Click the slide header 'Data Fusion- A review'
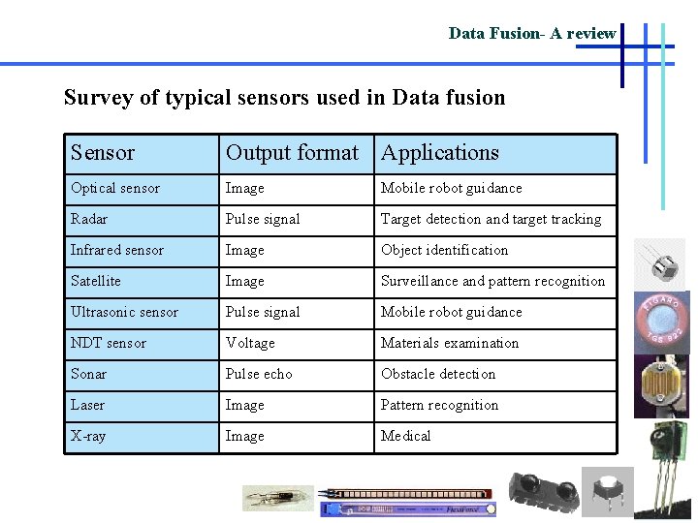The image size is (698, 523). coord(531,34)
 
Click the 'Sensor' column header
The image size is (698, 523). coord(103,153)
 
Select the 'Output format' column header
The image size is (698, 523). coord(292,153)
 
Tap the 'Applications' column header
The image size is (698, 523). coord(439,153)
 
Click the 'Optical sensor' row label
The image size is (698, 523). coord(115,188)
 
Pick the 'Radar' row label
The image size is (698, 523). coord(89,219)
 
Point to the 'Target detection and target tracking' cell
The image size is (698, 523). coord(491,219)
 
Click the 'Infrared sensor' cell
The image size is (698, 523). coord(117,250)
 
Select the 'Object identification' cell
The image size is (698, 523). coord(444,250)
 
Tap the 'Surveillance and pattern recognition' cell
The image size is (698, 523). coord(492,281)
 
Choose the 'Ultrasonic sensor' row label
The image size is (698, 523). coord(124,312)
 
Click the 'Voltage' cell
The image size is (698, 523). coord(250,343)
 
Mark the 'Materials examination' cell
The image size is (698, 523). coord(450,343)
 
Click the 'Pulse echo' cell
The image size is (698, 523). coord(259,374)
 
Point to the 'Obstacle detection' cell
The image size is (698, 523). coord(438,374)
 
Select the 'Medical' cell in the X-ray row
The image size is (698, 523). coord(405,436)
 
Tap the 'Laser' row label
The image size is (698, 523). coord(87,405)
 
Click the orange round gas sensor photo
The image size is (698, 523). coord(665,318)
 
